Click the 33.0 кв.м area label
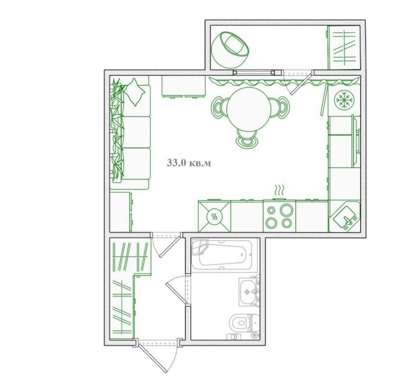coord(189,163)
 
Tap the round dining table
coord(249,109)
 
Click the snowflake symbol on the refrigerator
coord(344,99)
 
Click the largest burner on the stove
coord(287,210)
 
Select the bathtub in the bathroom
coord(225,255)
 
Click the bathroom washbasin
coord(249,292)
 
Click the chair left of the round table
coord(219,108)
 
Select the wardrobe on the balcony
coord(344,47)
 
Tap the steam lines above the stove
coord(279,190)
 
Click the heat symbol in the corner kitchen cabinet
coord(214,217)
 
